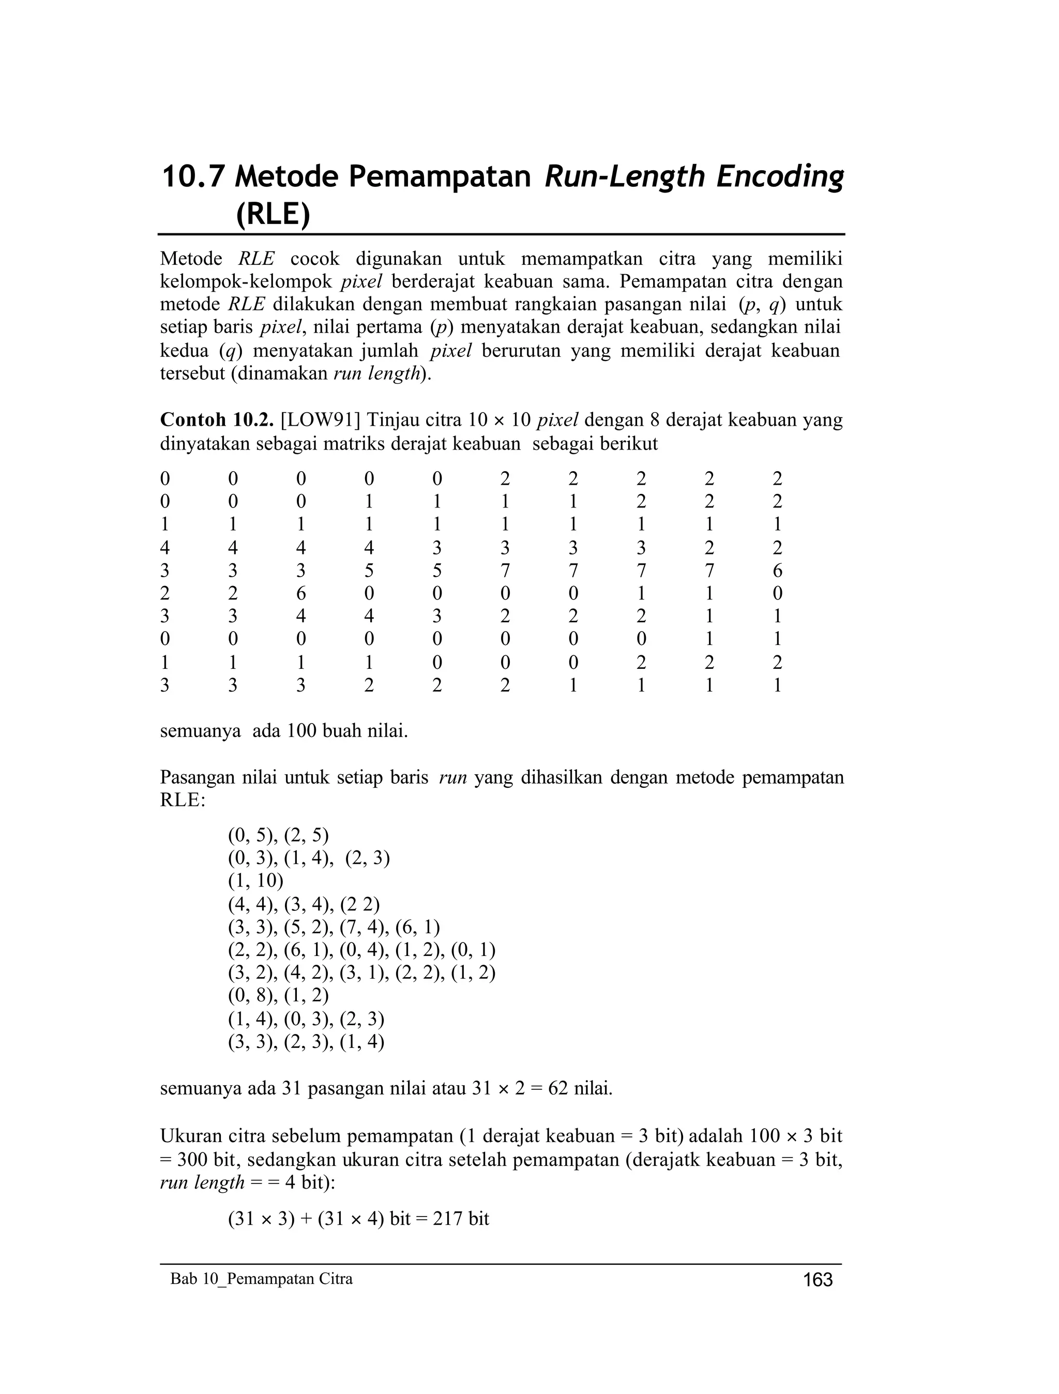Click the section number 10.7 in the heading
(x=192, y=177)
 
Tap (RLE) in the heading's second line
(x=273, y=215)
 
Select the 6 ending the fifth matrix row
(x=777, y=571)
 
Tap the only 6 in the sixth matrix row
(x=300, y=593)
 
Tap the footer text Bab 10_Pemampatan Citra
(x=262, y=1279)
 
